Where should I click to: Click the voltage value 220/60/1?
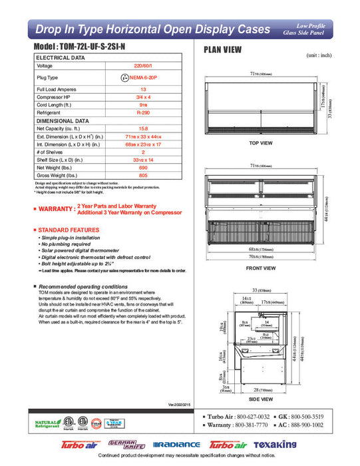[x=143, y=66]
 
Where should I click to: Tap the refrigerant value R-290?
[x=143, y=114]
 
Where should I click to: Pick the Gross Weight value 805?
[x=143, y=178]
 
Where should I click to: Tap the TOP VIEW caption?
[x=262, y=143]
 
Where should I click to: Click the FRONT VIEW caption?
[x=261, y=268]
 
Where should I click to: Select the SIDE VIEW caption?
[x=261, y=399]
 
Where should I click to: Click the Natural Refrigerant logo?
[x=45, y=425]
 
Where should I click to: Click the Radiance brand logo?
[x=176, y=444]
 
